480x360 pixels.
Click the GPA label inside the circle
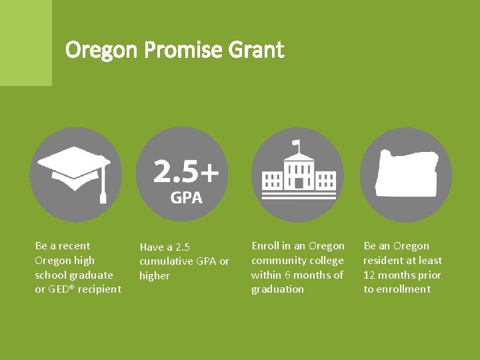point(186,197)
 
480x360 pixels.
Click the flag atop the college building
point(297,144)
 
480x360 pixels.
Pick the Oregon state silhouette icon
point(405,173)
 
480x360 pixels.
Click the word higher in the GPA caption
point(155,276)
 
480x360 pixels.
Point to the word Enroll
point(266,246)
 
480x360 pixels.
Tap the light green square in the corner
point(25,43)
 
